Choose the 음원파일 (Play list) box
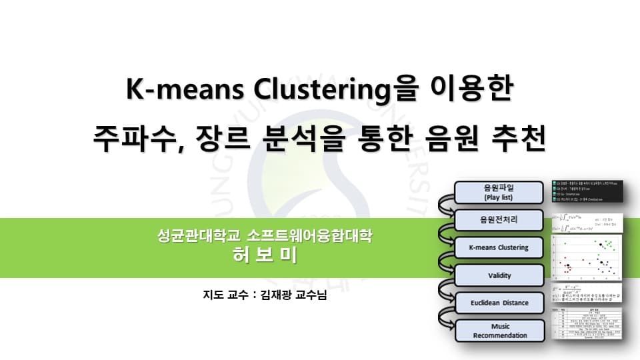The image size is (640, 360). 500,193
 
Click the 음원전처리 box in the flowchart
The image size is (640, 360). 500,220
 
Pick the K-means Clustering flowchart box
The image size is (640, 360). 500,247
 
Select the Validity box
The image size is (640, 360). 500,275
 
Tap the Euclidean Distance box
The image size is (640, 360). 500,303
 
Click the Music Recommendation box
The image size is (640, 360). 500,331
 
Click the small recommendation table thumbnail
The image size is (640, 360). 590,325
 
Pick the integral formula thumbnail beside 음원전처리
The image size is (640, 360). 590,223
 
